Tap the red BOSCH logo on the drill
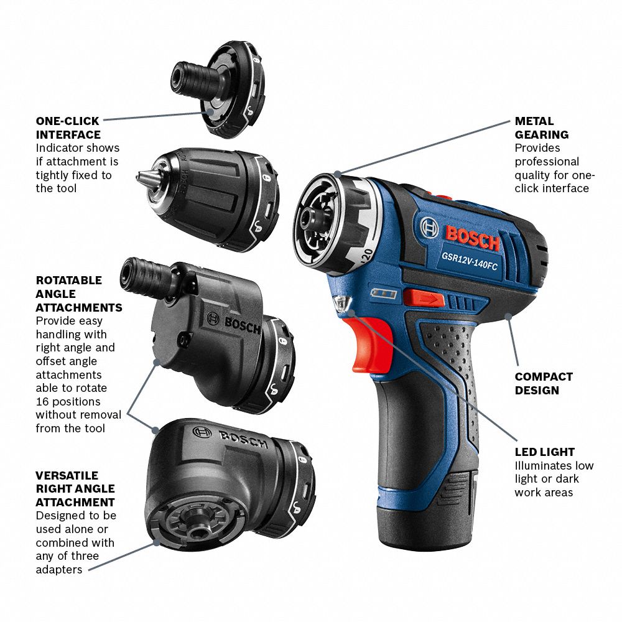[471, 237]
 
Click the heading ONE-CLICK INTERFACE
[68, 128]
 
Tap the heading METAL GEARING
[541, 128]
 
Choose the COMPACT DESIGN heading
[544, 383]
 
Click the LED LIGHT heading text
[544, 452]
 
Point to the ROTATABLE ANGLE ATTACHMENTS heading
[78, 294]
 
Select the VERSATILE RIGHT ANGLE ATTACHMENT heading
[75, 488]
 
